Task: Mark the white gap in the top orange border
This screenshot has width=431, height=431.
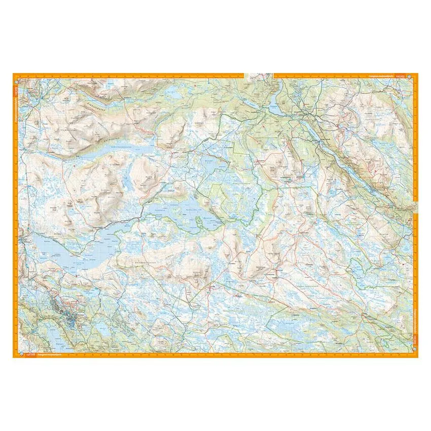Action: coord(259,76)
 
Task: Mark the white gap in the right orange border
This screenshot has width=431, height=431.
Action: coord(415,206)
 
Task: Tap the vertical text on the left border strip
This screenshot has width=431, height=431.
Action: coord(16,101)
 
